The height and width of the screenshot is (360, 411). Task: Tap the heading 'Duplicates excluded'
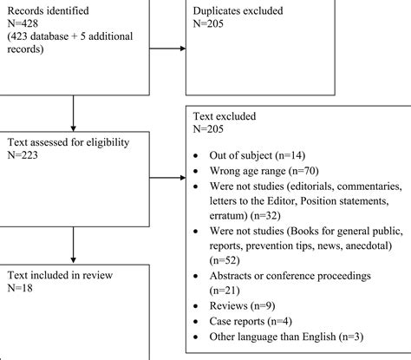(x=249, y=10)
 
